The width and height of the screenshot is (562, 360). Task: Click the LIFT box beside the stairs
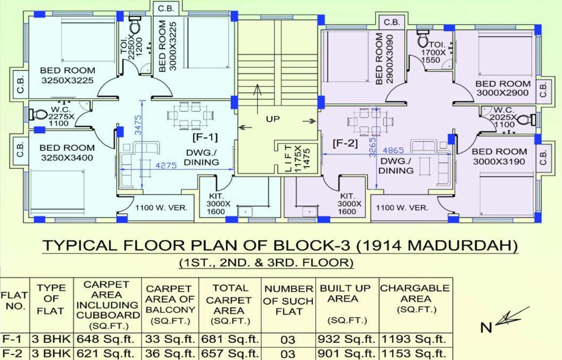click(295, 159)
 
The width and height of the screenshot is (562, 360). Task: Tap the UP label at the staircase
click(273, 119)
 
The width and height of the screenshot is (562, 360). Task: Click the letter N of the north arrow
click(486, 327)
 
